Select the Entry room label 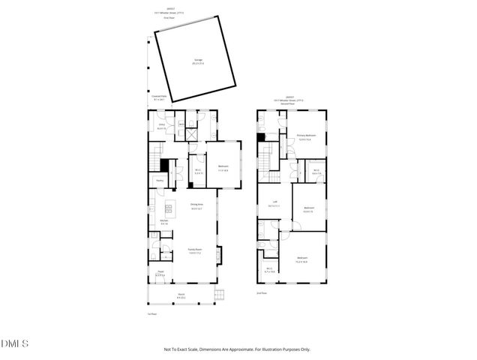point(160,127)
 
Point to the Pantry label point(160,181)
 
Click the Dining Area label point(196,209)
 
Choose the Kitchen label point(163,222)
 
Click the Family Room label point(194,252)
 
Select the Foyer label point(160,275)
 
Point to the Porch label point(181,297)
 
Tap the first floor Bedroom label point(223,167)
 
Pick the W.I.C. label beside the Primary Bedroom point(316,172)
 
